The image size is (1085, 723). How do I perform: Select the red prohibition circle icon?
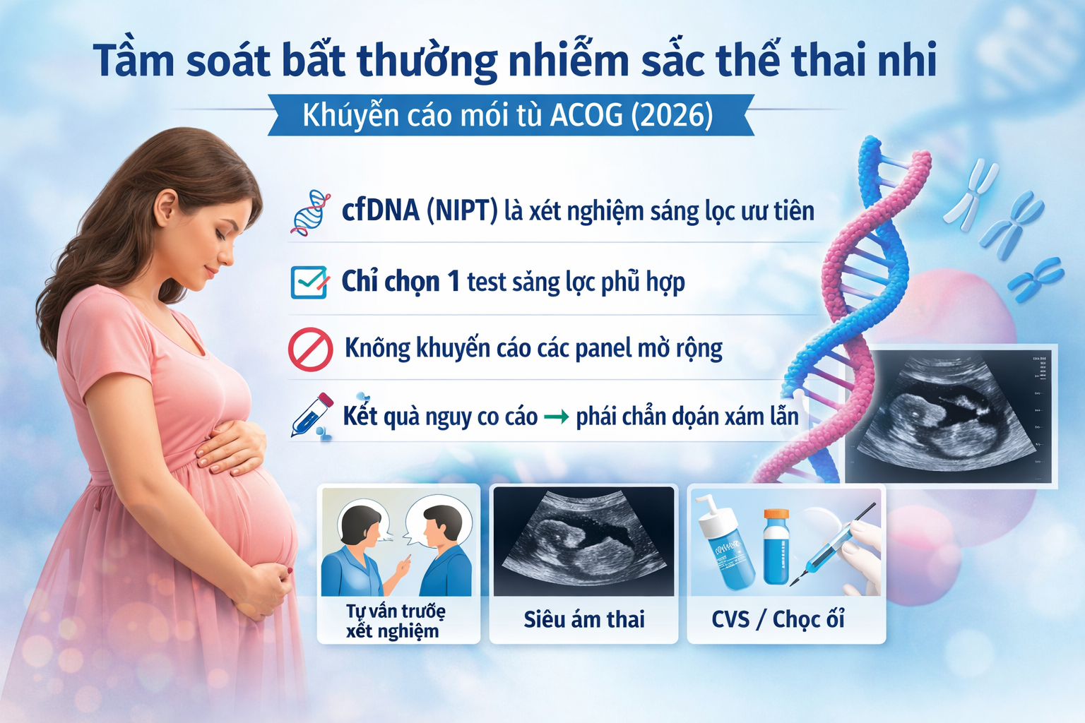tap(310, 349)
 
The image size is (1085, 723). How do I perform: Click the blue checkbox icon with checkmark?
tap(309, 282)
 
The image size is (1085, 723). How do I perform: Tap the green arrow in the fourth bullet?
tap(556, 417)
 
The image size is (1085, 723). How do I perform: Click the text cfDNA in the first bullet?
tap(380, 210)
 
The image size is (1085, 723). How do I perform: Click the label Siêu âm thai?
tap(584, 619)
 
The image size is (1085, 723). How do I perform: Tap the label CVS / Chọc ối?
tap(778, 619)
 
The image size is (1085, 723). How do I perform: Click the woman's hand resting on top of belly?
tap(230, 446)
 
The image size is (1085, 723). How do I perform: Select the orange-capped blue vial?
tap(776, 546)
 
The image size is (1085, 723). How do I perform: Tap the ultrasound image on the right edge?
tap(950, 417)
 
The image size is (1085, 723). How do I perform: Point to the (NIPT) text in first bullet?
tap(462, 210)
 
